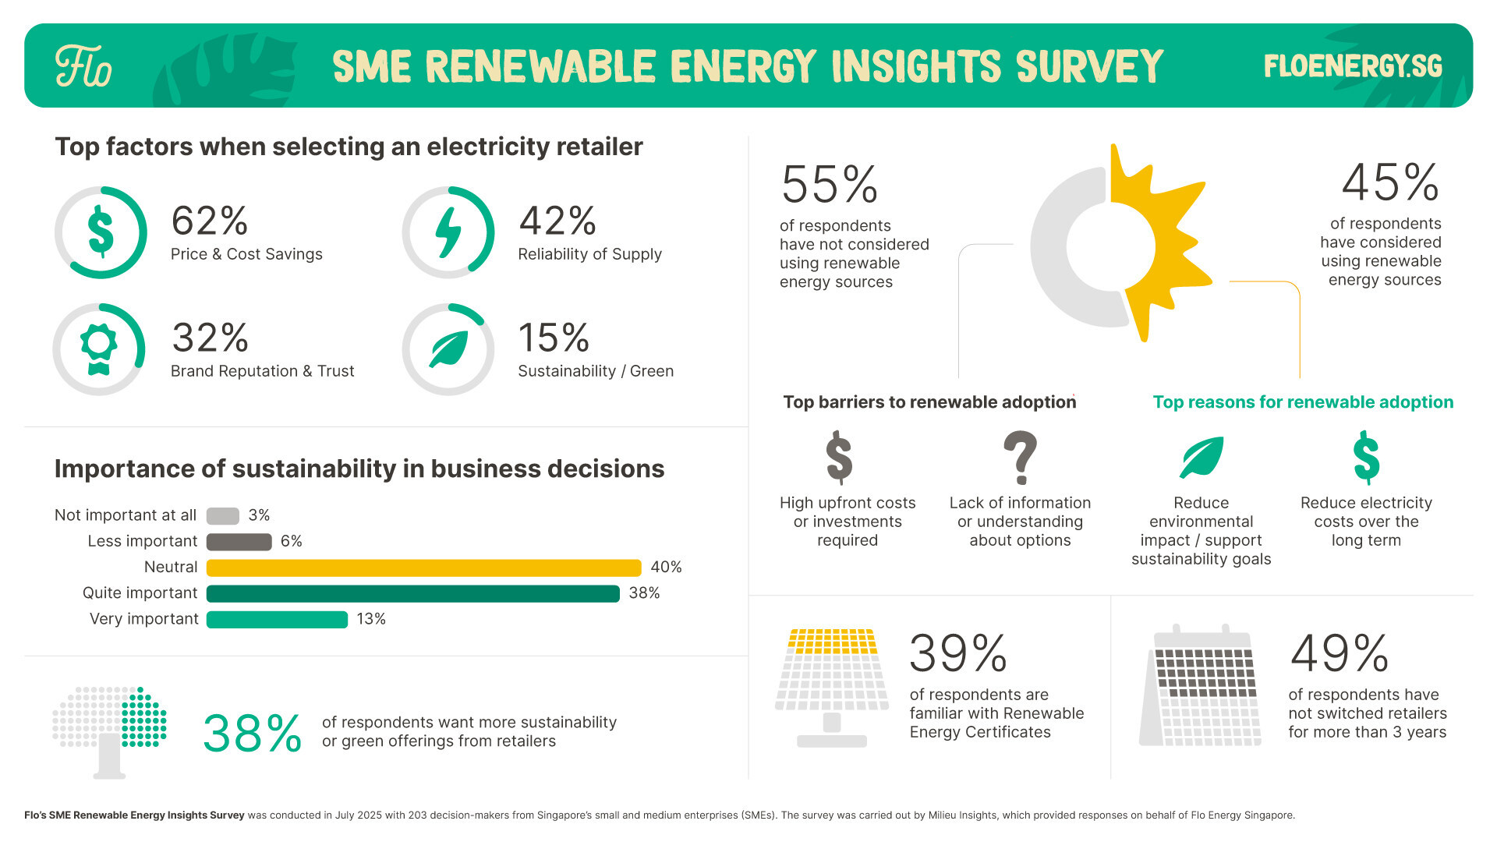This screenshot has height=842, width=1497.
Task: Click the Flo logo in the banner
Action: [83, 66]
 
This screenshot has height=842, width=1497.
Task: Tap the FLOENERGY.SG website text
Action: [1353, 66]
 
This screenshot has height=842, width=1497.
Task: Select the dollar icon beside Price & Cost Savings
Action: [101, 232]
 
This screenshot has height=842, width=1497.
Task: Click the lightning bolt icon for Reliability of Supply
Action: [448, 232]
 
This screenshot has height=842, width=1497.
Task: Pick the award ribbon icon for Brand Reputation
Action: [99, 348]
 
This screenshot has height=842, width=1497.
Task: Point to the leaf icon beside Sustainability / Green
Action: [448, 348]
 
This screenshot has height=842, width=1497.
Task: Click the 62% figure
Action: [209, 221]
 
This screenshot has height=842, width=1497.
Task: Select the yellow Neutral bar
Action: [423, 568]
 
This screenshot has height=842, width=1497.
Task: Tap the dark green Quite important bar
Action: [412, 593]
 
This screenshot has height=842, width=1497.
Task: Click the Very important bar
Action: [277, 619]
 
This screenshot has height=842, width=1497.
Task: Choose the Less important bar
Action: [239, 542]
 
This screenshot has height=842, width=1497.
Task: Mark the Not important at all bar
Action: [222, 516]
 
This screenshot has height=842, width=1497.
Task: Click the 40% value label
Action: [666, 568]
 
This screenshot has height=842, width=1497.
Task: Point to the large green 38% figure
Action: [252, 734]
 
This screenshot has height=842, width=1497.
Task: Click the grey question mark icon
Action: [1020, 458]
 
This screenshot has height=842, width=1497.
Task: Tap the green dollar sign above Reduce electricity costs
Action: [1366, 458]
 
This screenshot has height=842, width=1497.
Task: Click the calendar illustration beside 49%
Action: [1201, 686]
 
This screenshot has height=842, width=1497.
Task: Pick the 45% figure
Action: [1389, 182]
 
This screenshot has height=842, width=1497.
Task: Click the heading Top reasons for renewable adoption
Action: [1303, 402]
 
